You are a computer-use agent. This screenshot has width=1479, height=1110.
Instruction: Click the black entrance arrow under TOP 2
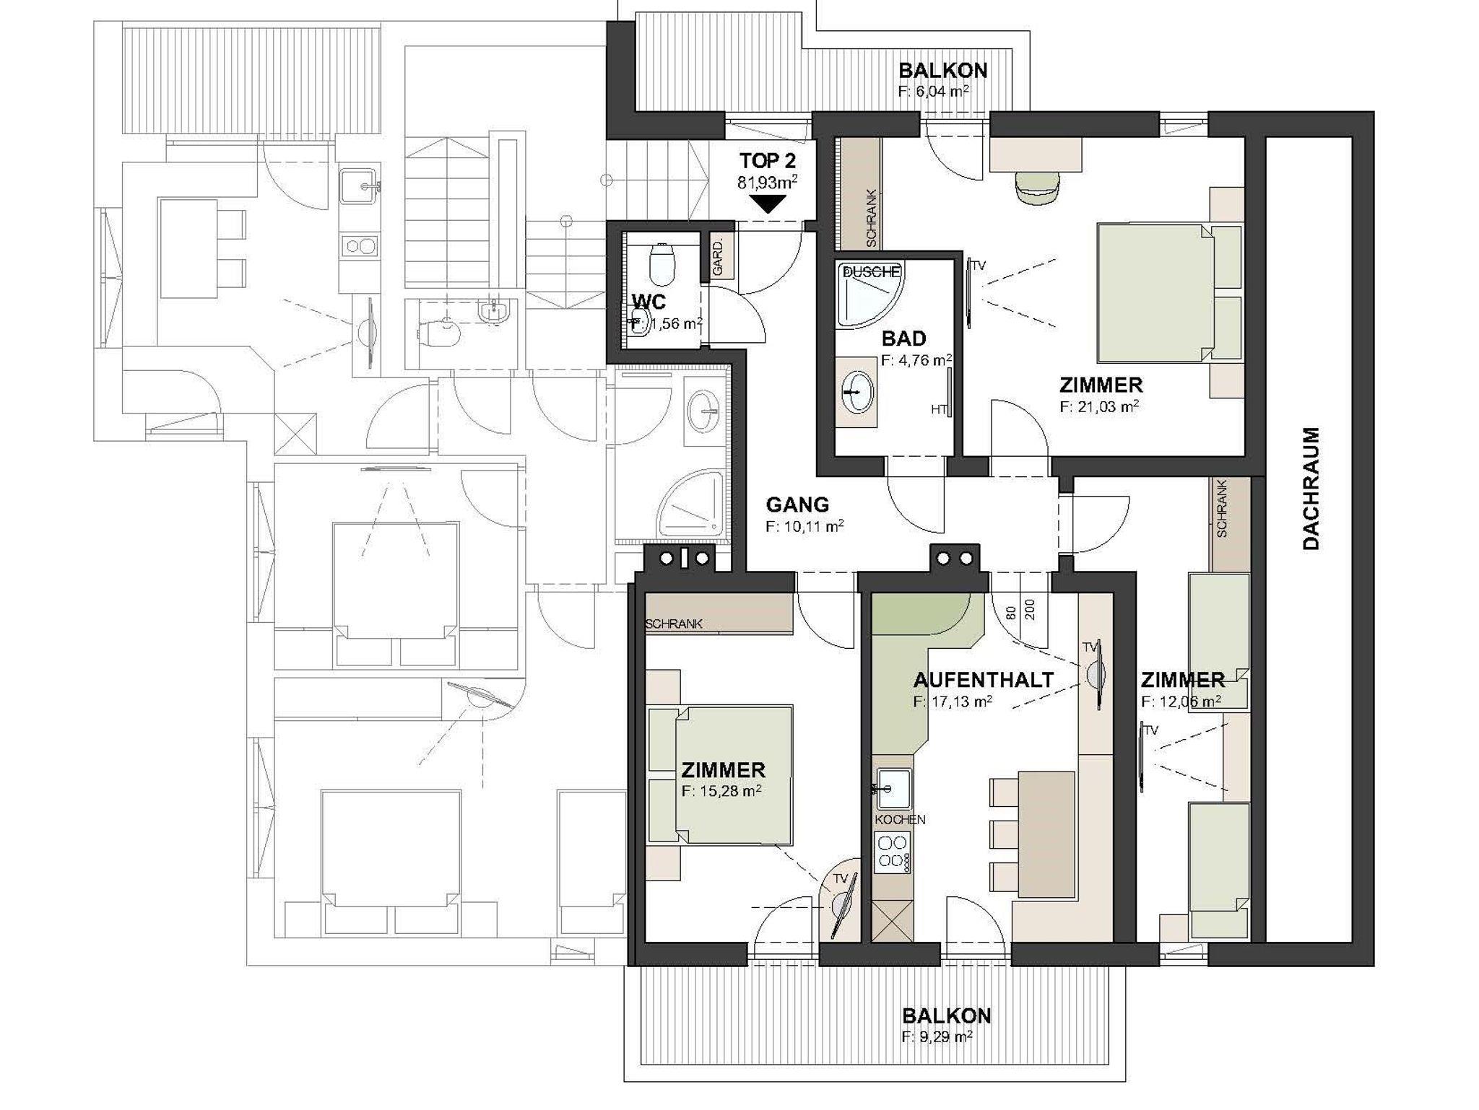click(x=768, y=204)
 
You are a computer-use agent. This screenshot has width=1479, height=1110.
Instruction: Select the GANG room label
click(x=797, y=504)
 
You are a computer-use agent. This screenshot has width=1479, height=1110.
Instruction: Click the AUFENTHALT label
click(x=984, y=680)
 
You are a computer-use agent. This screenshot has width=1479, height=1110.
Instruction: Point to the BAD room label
click(x=903, y=338)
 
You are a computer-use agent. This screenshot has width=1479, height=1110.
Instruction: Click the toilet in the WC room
click(x=662, y=264)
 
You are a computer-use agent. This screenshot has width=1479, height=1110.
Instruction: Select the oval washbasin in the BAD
click(x=856, y=392)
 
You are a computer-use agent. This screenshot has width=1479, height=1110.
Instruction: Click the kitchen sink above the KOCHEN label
click(x=893, y=789)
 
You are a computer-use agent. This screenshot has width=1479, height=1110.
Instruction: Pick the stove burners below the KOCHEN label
click(x=893, y=852)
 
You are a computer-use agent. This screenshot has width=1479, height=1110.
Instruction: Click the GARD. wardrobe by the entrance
click(x=719, y=256)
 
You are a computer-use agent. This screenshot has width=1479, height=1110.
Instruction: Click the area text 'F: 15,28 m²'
click(x=721, y=791)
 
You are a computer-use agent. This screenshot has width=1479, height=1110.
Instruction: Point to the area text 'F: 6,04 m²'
click(x=933, y=92)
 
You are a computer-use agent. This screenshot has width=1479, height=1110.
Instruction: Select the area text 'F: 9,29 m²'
click(x=937, y=1037)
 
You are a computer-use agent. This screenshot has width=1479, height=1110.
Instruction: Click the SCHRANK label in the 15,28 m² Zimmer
click(x=674, y=624)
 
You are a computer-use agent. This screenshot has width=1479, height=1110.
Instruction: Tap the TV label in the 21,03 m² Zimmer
click(x=978, y=266)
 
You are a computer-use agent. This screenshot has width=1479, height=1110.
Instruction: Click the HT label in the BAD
click(x=938, y=409)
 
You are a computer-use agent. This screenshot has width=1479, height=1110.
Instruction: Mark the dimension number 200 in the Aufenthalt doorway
click(x=1030, y=610)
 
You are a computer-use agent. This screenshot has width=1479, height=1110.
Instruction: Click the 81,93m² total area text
click(x=767, y=182)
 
